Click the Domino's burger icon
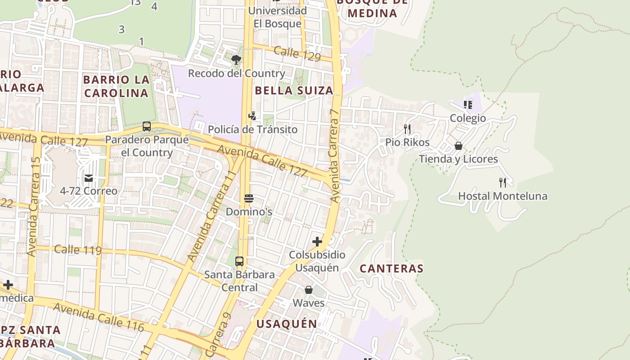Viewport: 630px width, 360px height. point(249,198)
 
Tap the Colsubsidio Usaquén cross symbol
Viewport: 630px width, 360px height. point(317,242)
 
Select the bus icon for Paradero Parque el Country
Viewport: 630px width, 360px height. point(147,126)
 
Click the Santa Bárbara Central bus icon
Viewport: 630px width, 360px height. point(239,261)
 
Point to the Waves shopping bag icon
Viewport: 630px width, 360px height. point(309,290)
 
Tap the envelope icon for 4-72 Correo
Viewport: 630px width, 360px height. point(89,178)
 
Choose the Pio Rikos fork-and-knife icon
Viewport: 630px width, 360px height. point(407,130)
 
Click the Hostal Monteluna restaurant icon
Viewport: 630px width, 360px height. point(503,183)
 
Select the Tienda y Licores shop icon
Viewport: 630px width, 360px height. point(459,146)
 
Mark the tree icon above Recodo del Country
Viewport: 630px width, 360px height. point(236,60)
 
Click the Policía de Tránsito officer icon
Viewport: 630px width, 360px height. point(252,116)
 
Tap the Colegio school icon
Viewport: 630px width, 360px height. point(468,105)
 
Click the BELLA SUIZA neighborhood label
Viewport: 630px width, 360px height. point(294,90)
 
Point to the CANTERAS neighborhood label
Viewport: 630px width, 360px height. point(391,269)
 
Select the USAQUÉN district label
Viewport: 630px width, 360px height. point(287,324)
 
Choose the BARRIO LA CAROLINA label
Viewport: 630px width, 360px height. point(116,86)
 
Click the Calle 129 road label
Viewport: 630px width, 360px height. point(297,54)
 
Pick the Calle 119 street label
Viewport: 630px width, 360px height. point(78,250)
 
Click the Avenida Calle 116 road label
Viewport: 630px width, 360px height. point(99,317)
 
